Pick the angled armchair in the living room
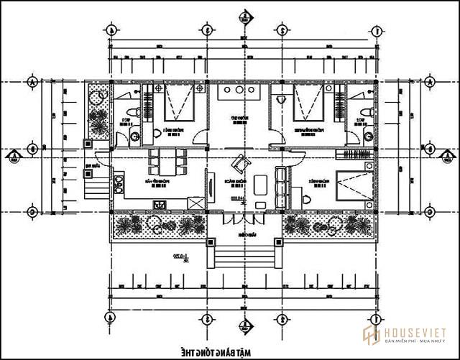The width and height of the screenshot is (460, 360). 236,163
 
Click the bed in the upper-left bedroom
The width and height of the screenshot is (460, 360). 180,102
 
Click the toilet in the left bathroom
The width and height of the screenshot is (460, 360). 157,134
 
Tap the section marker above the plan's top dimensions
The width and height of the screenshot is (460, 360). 244,14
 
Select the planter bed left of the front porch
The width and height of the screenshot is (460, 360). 160,226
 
